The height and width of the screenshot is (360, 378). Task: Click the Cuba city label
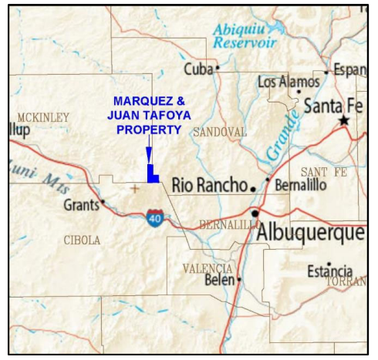pos(197,69)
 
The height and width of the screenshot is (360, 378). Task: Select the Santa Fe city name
pos(332,106)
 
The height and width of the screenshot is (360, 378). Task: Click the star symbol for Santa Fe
pos(344,121)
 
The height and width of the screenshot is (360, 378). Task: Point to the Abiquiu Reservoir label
pos(245,35)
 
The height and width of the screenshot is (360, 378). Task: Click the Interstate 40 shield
pos(156,218)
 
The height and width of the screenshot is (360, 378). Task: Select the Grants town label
pos(80,206)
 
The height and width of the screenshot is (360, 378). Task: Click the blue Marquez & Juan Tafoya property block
pos(153,175)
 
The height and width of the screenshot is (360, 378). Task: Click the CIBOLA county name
pos(81,241)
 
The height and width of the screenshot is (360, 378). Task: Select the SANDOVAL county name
pos(219,132)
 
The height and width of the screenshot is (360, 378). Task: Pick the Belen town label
pos(218,281)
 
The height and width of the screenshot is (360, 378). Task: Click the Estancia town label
pos(329,272)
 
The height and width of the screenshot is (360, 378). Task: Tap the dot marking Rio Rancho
pos(252,187)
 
